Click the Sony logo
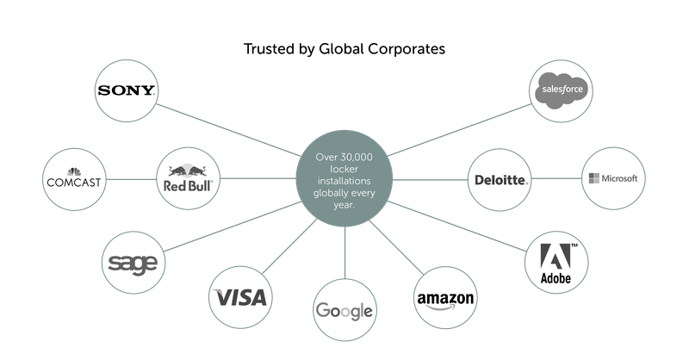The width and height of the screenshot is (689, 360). (x=126, y=90)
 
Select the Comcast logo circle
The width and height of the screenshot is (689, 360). (x=74, y=180)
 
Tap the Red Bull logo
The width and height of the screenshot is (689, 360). (x=187, y=180)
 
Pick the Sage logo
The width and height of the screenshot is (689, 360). (x=131, y=261)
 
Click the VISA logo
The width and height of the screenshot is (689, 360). (x=241, y=299)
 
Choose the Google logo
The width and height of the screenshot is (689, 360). (x=344, y=311)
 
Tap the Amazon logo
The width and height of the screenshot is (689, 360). (x=445, y=299)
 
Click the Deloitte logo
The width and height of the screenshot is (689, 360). (x=500, y=180)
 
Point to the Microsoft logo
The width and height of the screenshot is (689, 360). (x=612, y=178)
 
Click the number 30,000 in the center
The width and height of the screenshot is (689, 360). (x=362, y=158)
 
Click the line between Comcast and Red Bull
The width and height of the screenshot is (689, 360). (x=130, y=180)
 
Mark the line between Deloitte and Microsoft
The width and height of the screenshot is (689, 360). (x=556, y=179)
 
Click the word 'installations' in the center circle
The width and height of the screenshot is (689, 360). (x=344, y=182)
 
